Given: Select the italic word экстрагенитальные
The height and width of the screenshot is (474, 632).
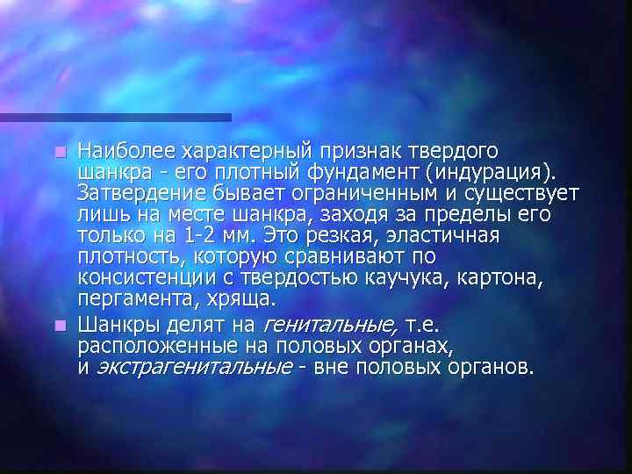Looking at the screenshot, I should pyautogui.click(x=192, y=366).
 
